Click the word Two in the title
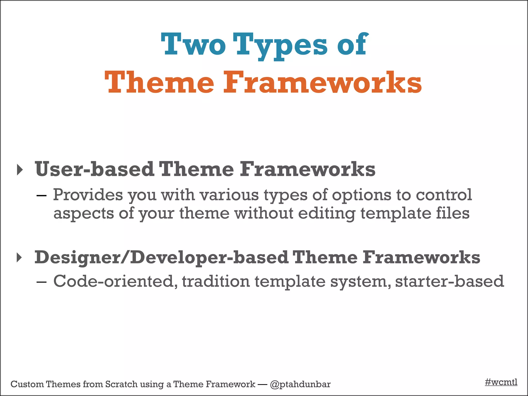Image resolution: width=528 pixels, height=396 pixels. click(193, 44)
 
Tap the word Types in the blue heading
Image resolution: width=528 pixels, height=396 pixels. click(280, 45)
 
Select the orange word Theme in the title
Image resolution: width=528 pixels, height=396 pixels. click(159, 82)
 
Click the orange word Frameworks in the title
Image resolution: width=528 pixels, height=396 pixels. click(322, 82)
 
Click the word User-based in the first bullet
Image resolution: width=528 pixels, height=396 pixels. click(94, 169)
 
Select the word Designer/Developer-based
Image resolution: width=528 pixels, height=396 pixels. click(161, 257)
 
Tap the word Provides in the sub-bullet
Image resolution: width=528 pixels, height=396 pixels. click(88, 195)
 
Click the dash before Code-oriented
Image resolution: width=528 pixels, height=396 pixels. click(42, 282)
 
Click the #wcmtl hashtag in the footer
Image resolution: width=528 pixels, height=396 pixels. click(501, 382)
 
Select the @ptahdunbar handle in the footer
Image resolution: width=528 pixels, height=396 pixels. click(300, 384)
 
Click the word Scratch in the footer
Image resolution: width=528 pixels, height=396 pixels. click(121, 384)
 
